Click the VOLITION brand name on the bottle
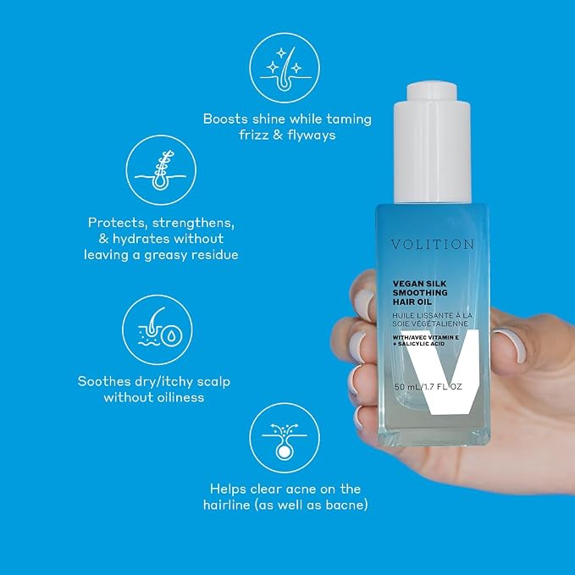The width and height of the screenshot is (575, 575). (432, 244)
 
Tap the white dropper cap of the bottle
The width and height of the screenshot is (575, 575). (432, 143)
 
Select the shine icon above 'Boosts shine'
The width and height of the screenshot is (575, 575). (285, 68)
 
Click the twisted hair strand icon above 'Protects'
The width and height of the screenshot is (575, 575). (161, 170)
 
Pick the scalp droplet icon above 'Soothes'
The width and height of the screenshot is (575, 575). (158, 329)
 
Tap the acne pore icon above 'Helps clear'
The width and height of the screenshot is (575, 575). (285, 438)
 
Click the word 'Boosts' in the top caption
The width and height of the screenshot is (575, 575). (225, 119)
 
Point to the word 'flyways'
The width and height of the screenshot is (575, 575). (312, 135)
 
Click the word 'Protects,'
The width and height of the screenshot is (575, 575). (118, 223)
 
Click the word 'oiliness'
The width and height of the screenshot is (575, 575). (180, 397)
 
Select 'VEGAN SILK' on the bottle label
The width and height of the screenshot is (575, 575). (419, 284)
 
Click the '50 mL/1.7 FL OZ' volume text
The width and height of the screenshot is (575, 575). (428, 386)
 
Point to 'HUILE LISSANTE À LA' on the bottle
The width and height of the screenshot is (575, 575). (432, 315)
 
